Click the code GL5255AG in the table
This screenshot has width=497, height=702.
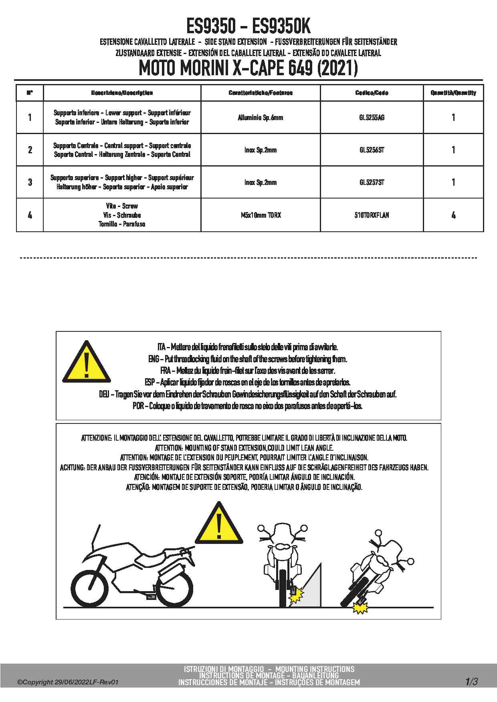tap(372, 118)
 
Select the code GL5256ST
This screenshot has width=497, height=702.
tap(372, 150)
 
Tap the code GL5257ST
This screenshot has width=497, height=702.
tap(372, 183)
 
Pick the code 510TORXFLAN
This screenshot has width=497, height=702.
tap(372, 215)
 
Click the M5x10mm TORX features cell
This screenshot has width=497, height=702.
tap(261, 215)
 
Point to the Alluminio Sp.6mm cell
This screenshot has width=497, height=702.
tap(261, 118)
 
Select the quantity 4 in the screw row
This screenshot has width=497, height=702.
tap(453, 215)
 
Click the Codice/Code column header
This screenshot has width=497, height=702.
tap(372, 93)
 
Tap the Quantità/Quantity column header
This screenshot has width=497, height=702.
tap(453, 93)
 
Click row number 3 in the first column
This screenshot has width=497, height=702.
tap(30, 183)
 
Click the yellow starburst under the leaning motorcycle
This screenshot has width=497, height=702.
tap(360, 608)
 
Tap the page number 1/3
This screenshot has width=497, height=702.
tap(471, 682)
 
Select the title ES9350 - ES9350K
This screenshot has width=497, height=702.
tap(248, 27)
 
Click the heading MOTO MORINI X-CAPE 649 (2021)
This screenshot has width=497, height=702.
tap(248, 68)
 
